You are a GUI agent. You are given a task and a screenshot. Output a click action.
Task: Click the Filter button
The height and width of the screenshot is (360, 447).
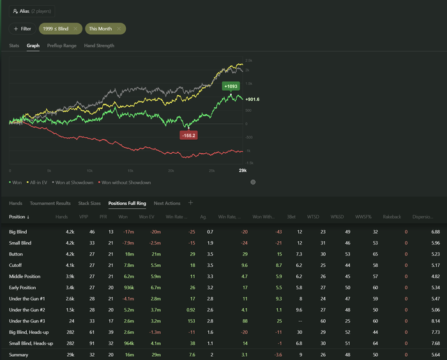[22, 29]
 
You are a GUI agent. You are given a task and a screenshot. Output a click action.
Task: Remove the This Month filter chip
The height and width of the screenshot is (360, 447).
[119, 29]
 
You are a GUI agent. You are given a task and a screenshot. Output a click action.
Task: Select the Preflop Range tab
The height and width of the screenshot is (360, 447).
[61, 46]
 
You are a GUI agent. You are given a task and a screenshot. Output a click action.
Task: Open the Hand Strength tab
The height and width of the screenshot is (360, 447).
[99, 46]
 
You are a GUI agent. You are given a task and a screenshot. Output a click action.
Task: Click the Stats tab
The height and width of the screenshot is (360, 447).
[14, 46]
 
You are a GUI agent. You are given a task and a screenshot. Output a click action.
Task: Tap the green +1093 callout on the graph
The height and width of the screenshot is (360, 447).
[230, 86]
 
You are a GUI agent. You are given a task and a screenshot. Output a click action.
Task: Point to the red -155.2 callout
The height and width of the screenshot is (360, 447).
[188, 135]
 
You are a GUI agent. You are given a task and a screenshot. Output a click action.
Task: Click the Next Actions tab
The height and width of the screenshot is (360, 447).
[167, 203]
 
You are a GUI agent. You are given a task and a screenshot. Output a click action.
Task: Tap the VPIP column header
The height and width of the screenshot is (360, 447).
[83, 217]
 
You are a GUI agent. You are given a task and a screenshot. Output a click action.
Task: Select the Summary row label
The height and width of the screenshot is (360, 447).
[19, 354]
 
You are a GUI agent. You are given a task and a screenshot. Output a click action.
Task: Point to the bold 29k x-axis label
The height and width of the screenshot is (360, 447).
[243, 171]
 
